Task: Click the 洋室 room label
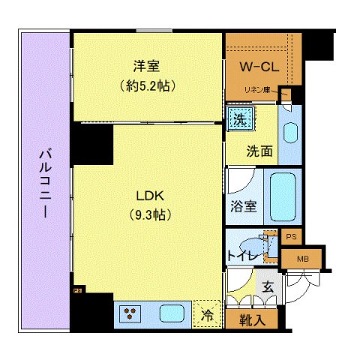[x=148, y=66]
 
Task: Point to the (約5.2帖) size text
[x=148, y=85]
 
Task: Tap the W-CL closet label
[x=259, y=67]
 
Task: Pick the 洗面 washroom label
[x=259, y=150]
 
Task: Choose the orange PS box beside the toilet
[x=291, y=236]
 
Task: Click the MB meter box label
[x=302, y=259]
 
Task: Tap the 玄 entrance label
[x=268, y=286]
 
